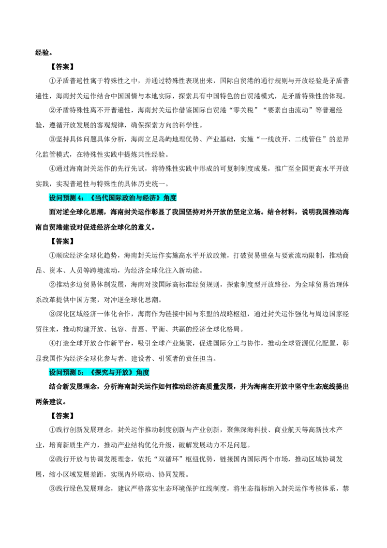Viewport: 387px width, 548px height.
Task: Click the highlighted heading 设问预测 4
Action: point(113,198)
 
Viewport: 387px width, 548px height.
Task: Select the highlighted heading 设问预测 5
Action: point(99,372)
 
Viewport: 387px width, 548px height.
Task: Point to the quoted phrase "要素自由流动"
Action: point(288,110)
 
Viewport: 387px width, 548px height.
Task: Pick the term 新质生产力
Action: point(80,445)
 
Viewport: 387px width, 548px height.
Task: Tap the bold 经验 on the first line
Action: point(42,53)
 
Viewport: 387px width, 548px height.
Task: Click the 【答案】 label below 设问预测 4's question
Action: point(62,241)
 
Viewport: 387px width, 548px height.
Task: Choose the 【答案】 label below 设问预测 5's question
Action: point(62,416)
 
